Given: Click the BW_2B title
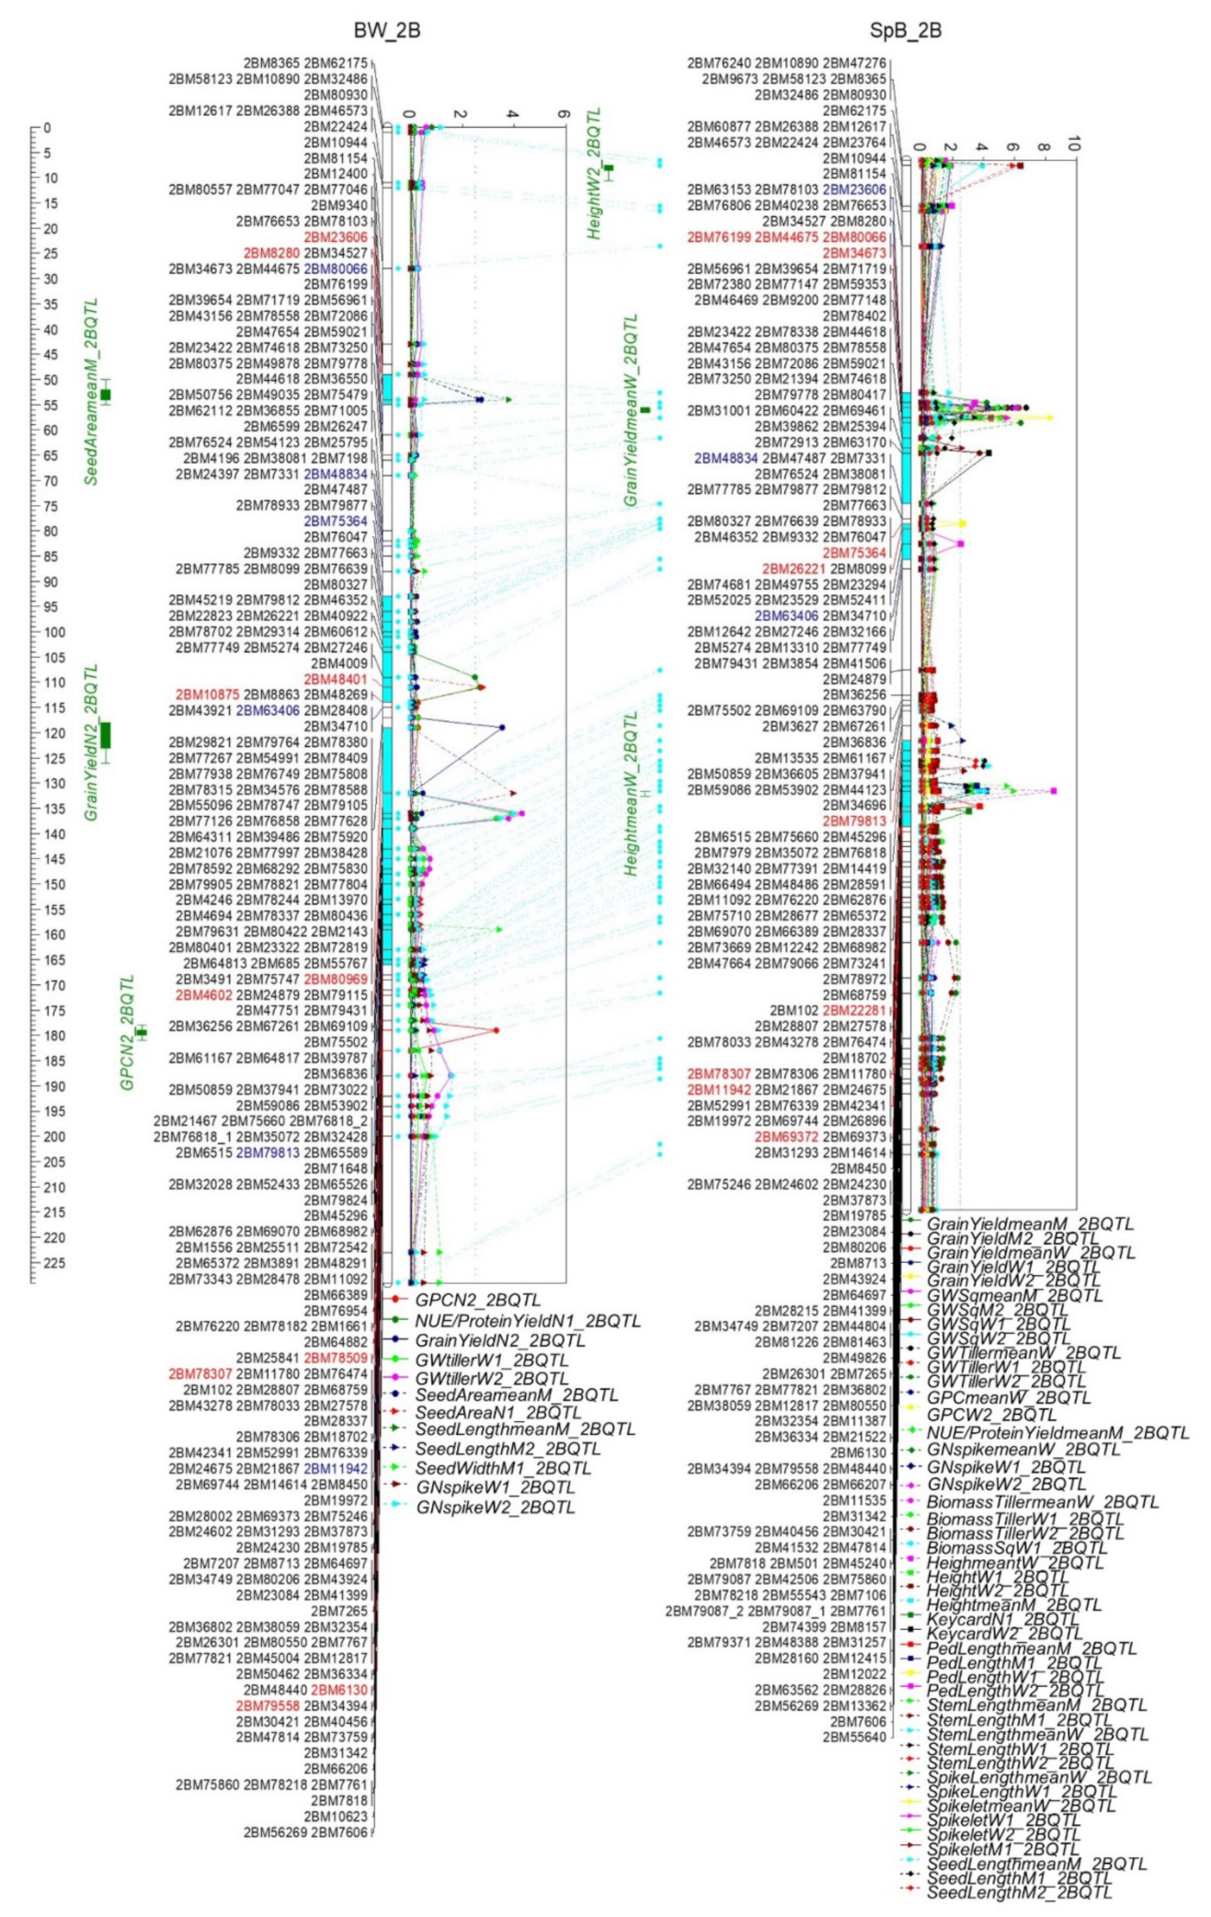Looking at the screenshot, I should (387, 30).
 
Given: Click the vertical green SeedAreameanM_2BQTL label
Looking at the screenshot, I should (91, 391).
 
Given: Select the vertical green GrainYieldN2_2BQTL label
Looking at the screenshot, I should (91, 742).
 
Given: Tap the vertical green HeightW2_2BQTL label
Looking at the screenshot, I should (594, 174).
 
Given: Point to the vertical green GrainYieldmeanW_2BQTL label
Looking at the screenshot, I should (630, 410).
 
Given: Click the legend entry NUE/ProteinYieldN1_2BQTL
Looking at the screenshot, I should (527, 1321).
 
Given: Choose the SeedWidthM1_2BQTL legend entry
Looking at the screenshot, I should (502, 1468).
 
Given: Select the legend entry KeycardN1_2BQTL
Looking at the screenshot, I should (1001, 1619).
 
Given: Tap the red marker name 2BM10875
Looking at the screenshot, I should (208, 694).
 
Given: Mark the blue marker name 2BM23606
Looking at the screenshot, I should (854, 189).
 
